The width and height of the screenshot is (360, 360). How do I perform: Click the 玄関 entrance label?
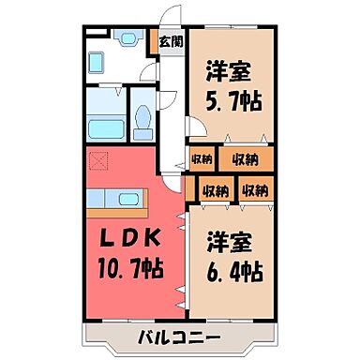coord(171,41)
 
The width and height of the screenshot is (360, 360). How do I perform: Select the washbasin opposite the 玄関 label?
coord(127,41)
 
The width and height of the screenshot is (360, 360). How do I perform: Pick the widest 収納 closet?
coord(245,158)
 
